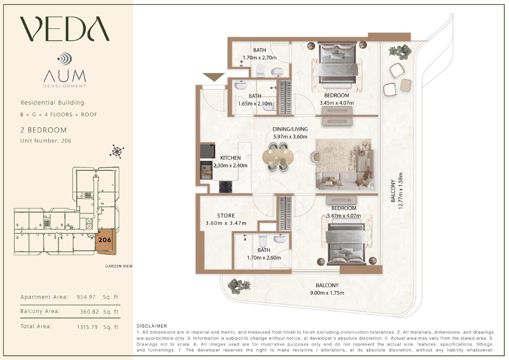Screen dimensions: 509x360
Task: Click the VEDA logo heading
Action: [65, 29]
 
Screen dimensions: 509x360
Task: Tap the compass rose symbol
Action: [117, 151]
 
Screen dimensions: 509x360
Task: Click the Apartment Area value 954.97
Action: [86, 297]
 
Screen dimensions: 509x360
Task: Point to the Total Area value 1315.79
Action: [87, 327]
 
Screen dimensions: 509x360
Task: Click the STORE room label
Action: [226, 215]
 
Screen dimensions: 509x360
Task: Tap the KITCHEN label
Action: [230, 158]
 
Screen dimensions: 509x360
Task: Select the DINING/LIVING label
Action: [290, 129]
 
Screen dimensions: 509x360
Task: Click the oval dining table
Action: [278, 157]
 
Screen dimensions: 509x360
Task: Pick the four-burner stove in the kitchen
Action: [226, 187]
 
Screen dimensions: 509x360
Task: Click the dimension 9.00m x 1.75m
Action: [327, 293]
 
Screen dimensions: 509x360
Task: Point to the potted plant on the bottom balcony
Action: [239, 286]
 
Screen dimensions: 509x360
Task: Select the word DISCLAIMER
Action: [152, 326]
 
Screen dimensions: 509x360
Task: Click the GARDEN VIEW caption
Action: [119, 266]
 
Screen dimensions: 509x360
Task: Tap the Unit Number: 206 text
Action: [46, 141]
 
